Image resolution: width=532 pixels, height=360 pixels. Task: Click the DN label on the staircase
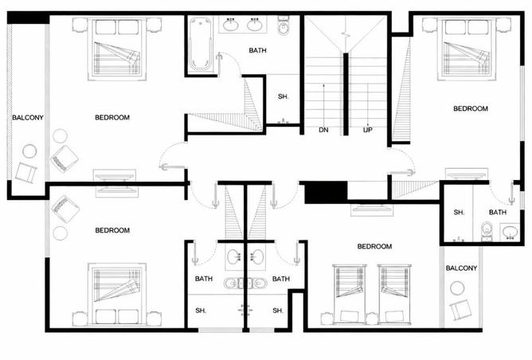323,130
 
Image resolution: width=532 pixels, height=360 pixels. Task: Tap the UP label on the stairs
367,130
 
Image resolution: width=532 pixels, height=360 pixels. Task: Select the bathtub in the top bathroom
200,44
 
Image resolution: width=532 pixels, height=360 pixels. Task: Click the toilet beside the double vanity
284,25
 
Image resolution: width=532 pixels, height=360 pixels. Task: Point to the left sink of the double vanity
230,25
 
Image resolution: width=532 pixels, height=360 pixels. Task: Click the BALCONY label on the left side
28,118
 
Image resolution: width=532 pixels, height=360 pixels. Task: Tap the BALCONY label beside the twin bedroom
461,268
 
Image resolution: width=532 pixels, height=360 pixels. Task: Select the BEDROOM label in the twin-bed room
374,246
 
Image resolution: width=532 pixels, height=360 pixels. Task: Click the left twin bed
349,294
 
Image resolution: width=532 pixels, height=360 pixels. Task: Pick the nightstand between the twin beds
372,319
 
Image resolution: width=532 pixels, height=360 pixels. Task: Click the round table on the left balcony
29,151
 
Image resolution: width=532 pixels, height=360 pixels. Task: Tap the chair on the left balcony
26,172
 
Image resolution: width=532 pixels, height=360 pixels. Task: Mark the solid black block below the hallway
326,193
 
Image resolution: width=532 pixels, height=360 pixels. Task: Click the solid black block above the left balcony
28,18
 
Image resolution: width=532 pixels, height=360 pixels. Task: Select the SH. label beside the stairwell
283,96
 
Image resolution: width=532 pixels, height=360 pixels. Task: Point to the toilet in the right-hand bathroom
487,231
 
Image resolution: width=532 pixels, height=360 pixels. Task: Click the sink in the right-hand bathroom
510,232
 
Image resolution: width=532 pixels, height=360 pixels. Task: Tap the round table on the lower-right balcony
457,288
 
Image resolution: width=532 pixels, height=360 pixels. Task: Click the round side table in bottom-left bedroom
61,233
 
